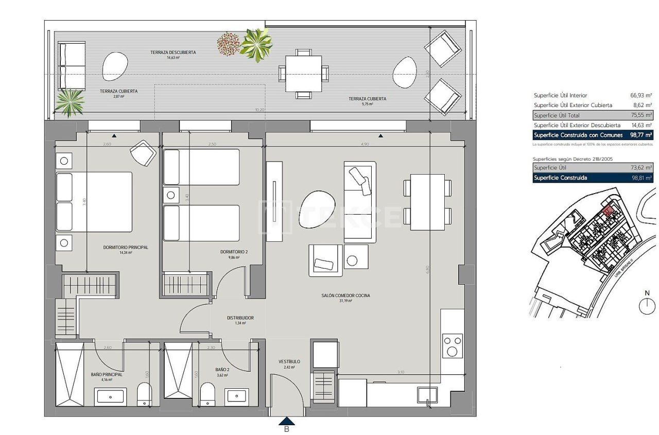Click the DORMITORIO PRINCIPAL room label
126,248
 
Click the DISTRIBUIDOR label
240,318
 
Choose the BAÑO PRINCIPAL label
107,375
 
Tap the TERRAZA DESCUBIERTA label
173,53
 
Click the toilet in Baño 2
207,394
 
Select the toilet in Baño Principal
145,395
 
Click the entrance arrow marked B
287,422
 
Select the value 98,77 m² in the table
640,135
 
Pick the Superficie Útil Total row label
557,115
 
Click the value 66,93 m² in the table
641,95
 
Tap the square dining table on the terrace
303,73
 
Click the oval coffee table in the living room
317,211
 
